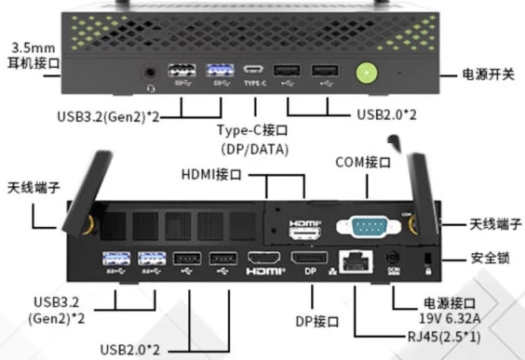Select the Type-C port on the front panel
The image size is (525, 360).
(254, 70)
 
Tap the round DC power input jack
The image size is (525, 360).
(392, 259)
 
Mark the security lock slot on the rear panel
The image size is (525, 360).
(426, 259)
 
